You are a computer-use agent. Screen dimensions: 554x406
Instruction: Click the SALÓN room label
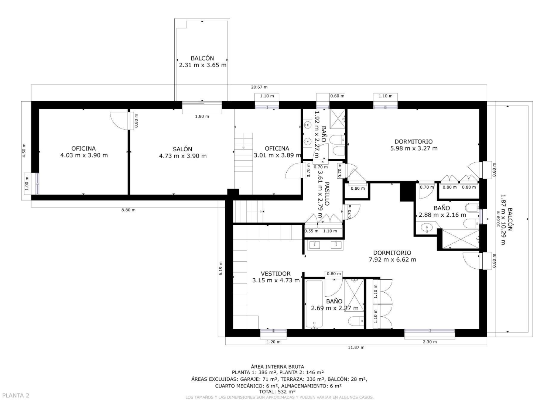182,149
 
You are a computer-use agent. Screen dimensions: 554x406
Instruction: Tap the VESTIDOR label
276,274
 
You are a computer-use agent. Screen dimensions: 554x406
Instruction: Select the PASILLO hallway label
327,194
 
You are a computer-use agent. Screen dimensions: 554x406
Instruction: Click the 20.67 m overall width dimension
259,87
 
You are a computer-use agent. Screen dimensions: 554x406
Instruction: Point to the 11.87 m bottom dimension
356,347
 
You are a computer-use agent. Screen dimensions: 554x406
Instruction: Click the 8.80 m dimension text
129,210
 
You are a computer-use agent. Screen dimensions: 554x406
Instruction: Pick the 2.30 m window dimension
430,342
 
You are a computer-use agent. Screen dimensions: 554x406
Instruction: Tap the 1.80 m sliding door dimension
202,116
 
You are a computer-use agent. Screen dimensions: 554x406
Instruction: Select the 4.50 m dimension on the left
24,151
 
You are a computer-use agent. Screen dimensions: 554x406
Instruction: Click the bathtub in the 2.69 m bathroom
314,304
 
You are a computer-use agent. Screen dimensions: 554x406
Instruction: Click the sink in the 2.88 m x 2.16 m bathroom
427,227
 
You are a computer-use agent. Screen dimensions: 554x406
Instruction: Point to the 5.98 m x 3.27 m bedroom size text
414,148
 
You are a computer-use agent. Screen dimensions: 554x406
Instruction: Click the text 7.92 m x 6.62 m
392,260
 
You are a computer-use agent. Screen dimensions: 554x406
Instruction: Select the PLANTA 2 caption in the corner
16,395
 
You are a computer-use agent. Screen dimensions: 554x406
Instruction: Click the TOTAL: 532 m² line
277,391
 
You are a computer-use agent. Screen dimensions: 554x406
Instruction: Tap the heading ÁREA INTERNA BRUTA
277,367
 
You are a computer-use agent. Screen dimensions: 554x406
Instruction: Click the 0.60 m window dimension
337,96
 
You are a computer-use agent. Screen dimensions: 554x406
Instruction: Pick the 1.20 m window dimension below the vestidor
274,342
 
